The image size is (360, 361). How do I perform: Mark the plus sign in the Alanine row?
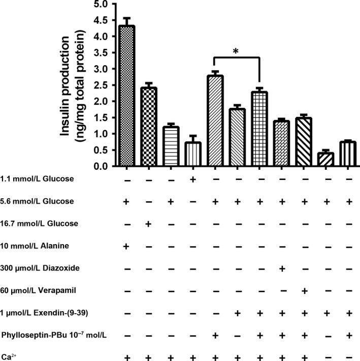[x=126, y=247]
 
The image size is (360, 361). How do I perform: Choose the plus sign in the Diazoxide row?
[x=282, y=269]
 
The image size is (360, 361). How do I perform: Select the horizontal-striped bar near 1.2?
[x=171, y=146]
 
